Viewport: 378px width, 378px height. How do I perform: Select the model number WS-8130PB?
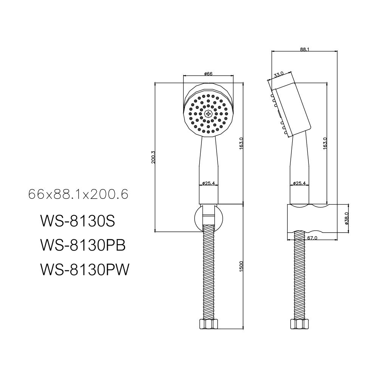pyautogui.click(x=82, y=246)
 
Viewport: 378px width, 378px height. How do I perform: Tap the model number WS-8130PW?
pyautogui.click(x=84, y=270)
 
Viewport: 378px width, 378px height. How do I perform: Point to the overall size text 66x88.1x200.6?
pyautogui.click(x=78, y=195)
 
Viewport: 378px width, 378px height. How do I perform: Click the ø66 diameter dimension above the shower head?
pyautogui.click(x=208, y=74)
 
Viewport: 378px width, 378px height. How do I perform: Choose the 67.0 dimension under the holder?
pyautogui.click(x=312, y=238)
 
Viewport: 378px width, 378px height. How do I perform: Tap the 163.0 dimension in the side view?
pyautogui.click(x=325, y=144)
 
